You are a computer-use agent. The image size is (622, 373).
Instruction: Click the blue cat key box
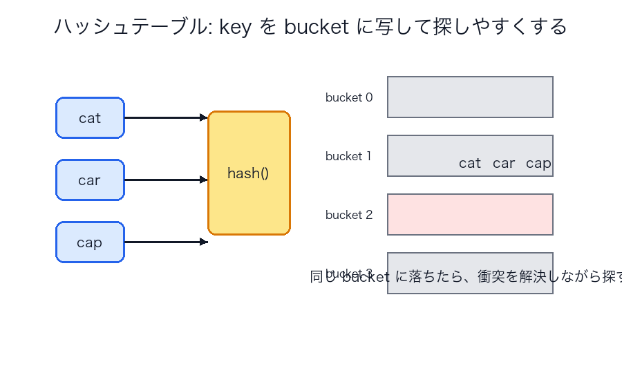(x=90, y=118)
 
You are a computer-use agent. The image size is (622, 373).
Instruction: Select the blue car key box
(x=90, y=180)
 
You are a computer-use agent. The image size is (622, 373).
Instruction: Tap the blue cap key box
(x=90, y=242)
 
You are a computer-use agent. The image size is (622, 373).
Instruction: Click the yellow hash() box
(x=249, y=173)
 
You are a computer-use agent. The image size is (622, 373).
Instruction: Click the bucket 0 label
(x=349, y=97)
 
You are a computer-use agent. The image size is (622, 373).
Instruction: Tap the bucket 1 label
(x=348, y=156)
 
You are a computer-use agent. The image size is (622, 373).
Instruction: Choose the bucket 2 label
(x=349, y=215)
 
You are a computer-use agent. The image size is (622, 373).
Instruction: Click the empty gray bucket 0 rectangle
(x=470, y=97)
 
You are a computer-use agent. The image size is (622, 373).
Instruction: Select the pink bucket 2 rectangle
(x=470, y=215)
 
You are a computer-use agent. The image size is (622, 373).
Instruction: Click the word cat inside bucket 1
(x=470, y=164)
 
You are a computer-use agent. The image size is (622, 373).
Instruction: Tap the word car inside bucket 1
(x=504, y=164)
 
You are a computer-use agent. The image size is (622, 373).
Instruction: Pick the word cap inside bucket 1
(x=538, y=164)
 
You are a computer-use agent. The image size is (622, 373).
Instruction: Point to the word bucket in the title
(x=316, y=27)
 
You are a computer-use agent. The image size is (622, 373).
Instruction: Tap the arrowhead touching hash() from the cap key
(x=204, y=242)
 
